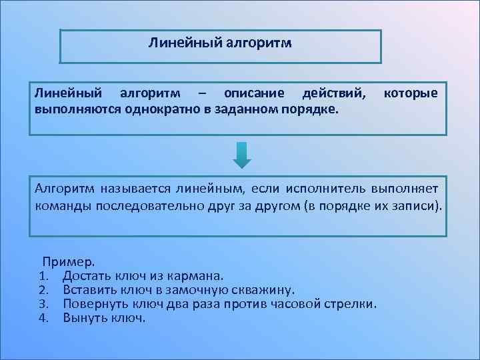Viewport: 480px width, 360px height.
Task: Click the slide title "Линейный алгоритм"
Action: click(x=220, y=44)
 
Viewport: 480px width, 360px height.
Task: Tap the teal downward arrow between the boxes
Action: click(x=242, y=155)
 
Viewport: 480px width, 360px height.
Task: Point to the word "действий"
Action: click(x=334, y=93)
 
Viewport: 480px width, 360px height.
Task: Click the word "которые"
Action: click(x=411, y=93)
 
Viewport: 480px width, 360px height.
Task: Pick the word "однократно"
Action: click(x=157, y=108)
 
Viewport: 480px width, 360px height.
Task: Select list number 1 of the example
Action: click(x=44, y=275)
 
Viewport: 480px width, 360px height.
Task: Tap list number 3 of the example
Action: click(x=44, y=304)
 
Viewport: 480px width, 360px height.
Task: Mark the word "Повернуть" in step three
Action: click(x=93, y=304)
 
